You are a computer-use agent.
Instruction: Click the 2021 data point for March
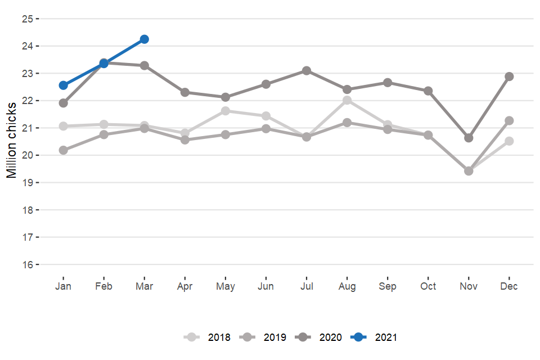pyautogui.click(x=145, y=39)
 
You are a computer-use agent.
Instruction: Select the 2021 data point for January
pyautogui.click(x=64, y=85)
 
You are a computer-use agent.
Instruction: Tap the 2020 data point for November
pyautogui.click(x=469, y=138)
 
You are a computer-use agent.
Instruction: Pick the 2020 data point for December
pyautogui.click(x=509, y=76)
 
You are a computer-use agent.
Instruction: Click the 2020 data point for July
pyautogui.click(x=307, y=70)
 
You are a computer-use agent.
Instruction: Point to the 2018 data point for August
pyautogui.click(x=347, y=100)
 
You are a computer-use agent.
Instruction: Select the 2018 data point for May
pyautogui.click(x=226, y=111)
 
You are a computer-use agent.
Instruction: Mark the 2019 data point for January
pyautogui.click(x=64, y=150)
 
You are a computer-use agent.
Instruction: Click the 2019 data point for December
pyautogui.click(x=509, y=120)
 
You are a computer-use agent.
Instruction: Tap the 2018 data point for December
pyautogui.click(x=509, y=141)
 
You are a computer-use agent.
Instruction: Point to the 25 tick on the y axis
pyautogui.click(x=28, y=19)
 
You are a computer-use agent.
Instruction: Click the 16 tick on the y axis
pyautogui.click(x=28, y=264)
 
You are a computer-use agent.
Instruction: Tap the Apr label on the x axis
pyautogui.click(x=185, y=286)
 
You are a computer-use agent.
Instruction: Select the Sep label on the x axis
pyautogui.click(x=388, y=286)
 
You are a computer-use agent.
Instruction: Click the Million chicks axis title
pyautogui.click(x=12, y=140)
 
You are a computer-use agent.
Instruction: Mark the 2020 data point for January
pyautogui.click(x=64, y=103)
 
